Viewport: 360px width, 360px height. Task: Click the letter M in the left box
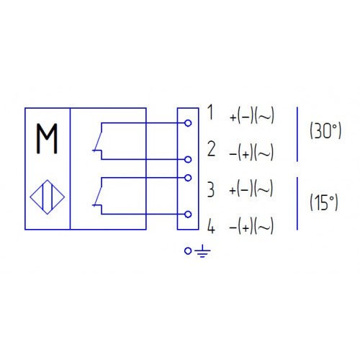47,138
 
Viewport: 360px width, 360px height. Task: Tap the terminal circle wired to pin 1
188,123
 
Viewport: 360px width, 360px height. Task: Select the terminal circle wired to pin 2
188,159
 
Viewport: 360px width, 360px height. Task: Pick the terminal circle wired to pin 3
188,178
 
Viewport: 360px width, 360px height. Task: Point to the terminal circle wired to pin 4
188,215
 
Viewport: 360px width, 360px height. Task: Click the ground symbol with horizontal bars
202,251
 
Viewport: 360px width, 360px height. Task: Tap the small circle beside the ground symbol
188,251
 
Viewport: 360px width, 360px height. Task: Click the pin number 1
210,112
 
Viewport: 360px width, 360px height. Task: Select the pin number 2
211,149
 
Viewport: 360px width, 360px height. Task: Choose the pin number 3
211,189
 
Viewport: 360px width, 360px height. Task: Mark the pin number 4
211,226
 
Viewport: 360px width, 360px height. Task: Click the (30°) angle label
325,131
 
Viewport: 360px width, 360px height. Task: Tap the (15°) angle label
324,203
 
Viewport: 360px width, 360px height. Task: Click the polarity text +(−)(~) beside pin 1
252,115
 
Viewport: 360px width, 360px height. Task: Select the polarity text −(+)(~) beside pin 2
251,152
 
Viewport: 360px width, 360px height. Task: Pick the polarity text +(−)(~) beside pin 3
251,189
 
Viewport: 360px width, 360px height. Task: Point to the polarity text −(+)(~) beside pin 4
251,225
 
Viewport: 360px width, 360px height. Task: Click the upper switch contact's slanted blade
98,141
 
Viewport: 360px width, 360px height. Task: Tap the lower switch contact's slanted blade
98,196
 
